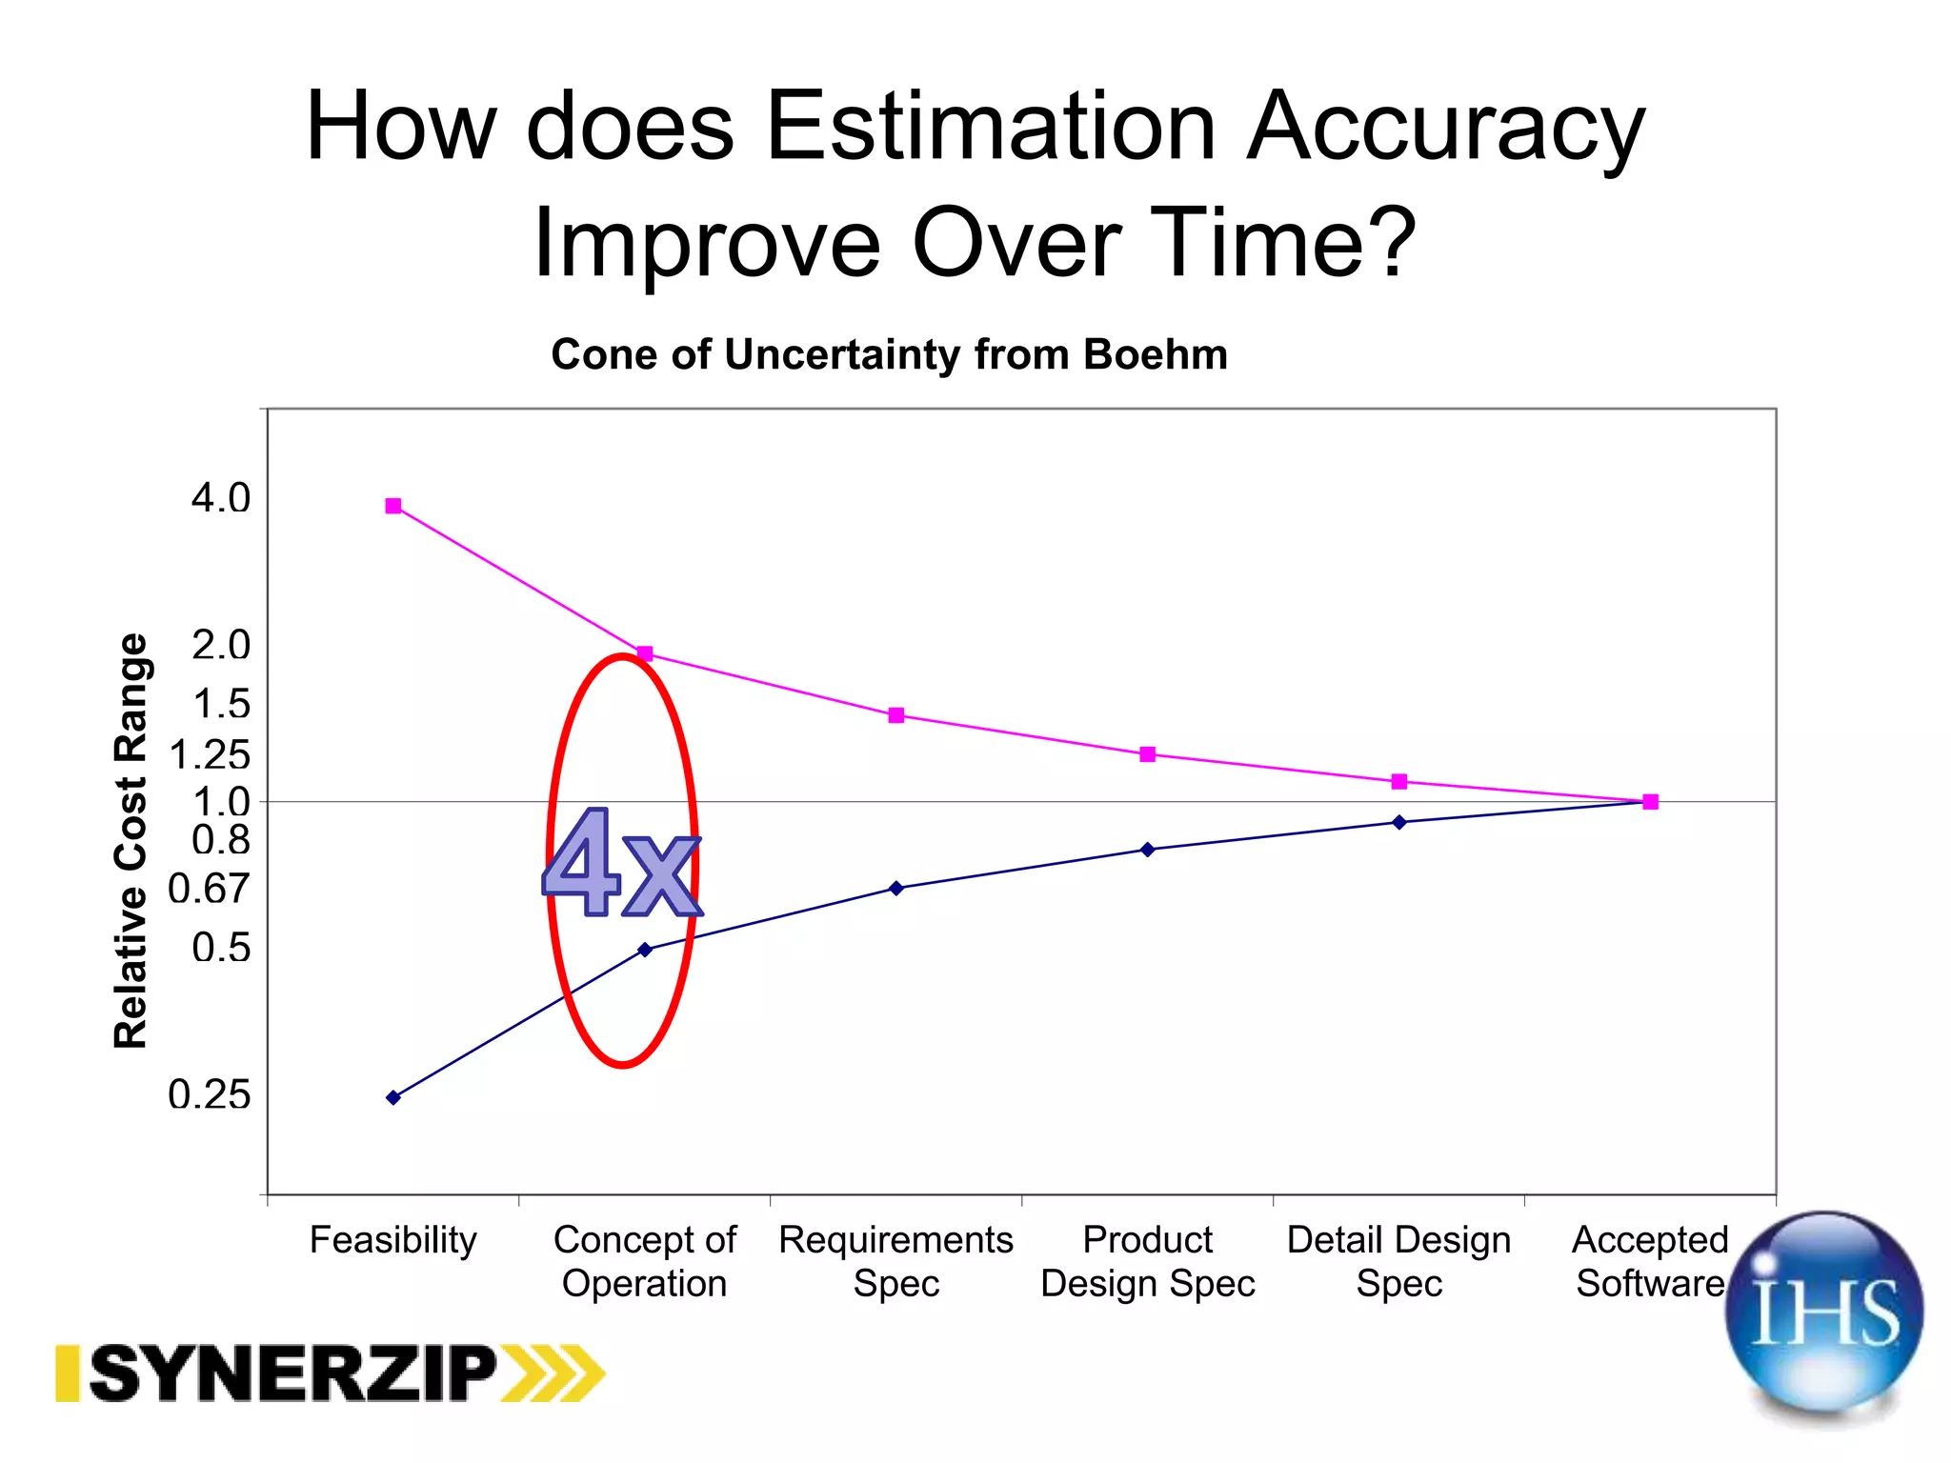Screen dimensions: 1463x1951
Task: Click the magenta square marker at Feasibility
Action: point(393,506)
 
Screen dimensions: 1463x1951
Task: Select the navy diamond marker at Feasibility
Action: point(393,1097)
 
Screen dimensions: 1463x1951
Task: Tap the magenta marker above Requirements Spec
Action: point(896,715)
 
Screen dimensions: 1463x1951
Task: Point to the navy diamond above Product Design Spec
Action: point(1148,850)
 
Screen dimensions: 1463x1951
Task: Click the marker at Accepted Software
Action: point(1651,802)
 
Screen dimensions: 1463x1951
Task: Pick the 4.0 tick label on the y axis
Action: point(221,498)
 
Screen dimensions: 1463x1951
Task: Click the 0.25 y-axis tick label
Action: point(210,1094)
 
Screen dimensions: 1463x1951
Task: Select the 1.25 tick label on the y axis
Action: point(210,755)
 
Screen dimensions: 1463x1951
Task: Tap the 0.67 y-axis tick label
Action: point(209,889)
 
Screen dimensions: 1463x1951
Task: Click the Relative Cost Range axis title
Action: point(131,841)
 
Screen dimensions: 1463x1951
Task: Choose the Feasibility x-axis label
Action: point(393,1240)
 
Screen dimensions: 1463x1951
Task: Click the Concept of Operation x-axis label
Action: point(645,1261)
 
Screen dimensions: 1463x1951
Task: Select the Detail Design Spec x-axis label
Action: point(1399,1261)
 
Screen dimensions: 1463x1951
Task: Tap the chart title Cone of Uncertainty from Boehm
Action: point(890,354)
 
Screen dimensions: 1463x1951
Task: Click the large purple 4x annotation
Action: point(620,865)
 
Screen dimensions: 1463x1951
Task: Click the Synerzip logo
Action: point(330,1373)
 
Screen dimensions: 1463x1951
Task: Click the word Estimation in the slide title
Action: point(991,126)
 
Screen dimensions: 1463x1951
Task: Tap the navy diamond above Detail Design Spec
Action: point(1399,822)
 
